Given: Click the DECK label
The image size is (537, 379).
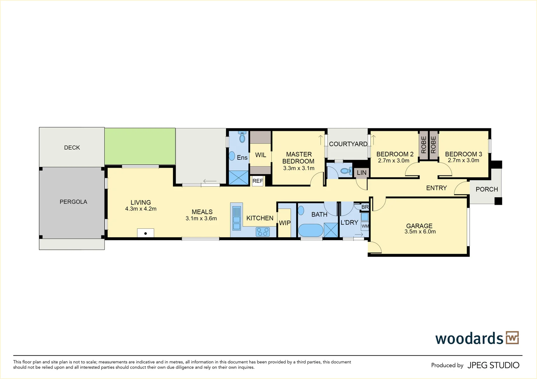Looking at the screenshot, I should pyautogui.click(x=72, y=148).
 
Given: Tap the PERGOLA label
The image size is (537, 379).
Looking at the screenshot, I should pyautogui.click(x=73, y=202).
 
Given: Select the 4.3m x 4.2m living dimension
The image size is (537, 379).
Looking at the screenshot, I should pyautogui.click(x=141, y=209).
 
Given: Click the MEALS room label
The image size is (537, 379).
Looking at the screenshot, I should pyautogui.click(x=202, y=212).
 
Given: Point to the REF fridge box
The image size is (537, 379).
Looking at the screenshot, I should pyautogui.click(x=258, y=181).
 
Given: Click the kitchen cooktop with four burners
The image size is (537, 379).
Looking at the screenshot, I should pyautogui.click(x=263, y=232).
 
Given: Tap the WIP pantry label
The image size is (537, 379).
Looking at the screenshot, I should pyautogui.click(x=285, y=223).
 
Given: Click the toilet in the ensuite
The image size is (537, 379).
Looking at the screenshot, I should pyautogui.click(x=242, y=137).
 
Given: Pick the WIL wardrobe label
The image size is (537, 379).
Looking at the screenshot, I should pyautogui.click(x=260, y=155).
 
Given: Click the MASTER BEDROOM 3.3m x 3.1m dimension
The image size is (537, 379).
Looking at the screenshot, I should pyautogui.click(x=299, y=168).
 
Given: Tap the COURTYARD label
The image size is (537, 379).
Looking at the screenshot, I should pyautogui.click(x=348, y=144).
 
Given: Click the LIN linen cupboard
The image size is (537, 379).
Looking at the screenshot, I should pyautogui.click(x=362, y=173).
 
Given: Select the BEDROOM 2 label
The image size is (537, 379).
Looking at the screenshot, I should pyautogui.click(x=395, y=154).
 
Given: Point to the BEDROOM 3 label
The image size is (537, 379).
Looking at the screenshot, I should pyautogui.click(x=463, y=154).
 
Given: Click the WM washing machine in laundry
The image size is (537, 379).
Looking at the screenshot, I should pyautogui.click(x=365, y=226).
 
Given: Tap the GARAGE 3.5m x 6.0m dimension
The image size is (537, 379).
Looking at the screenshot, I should pyautogui.click(x=420, y=232).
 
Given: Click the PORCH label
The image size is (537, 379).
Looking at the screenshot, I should pyautogui.click(x=486, y=189).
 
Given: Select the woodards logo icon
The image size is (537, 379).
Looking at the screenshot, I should pyautogui.click(x=512, y=338).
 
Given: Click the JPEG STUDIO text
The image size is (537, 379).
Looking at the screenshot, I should pyautogui.click(x=493, y=365).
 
